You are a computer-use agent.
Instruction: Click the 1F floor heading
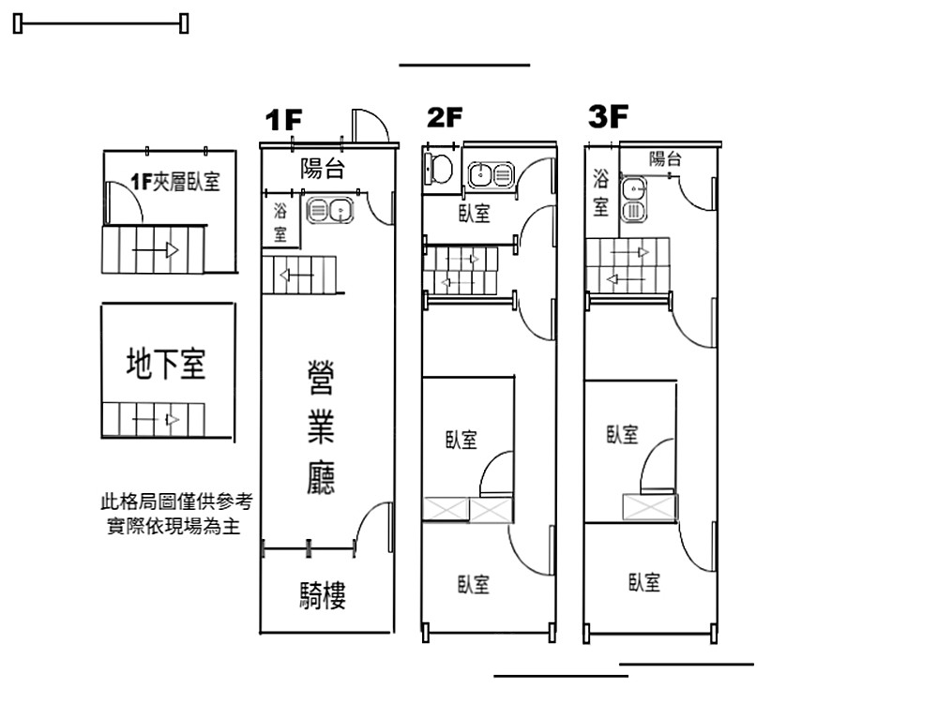pyautogui.click(x=283, y=120)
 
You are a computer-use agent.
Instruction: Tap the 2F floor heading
pyautogui.click(x=445, y=117)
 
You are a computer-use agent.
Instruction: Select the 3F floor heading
pyautogui.click(x=608, y=116)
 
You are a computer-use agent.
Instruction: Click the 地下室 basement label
pyautogui.click(x=166, y=364)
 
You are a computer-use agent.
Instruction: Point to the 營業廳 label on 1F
pyautogui.click(x=321, y=426)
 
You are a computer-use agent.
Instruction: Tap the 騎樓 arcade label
pyautogui.click(x=323, y=595)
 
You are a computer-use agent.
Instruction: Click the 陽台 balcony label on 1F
pyautogui.click(x=323, y=169)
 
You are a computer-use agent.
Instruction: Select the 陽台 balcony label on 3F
pyautogui.click(x=665, y=159)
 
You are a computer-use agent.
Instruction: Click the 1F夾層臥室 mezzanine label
pyautogui.click(x=175, y=182)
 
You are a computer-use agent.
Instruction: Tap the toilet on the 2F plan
pyautogui.click(x=437, y=168)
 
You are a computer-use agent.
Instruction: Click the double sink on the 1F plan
pyautogui.click(x=329, y=210)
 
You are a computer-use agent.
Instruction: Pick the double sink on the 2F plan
pyautogui.click(x=491, y=174)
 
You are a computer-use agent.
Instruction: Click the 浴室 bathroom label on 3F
pyautogui.click(x=600, y=192)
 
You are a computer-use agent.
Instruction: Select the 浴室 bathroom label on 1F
pyautogui.click(x=280, y=222)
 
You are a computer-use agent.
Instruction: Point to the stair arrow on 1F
pyautogui.click(x=296, y=276)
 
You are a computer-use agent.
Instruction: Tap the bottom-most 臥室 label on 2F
pyautogui.click(x=474, y=584)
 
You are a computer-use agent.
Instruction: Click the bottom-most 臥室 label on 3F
pyautogui.click(x=644, y=582)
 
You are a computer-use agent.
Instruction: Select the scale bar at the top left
pyautogui.click(x=100, y=24)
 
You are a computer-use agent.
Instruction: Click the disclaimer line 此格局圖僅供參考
pyautogui.click(x=176, y=501)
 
